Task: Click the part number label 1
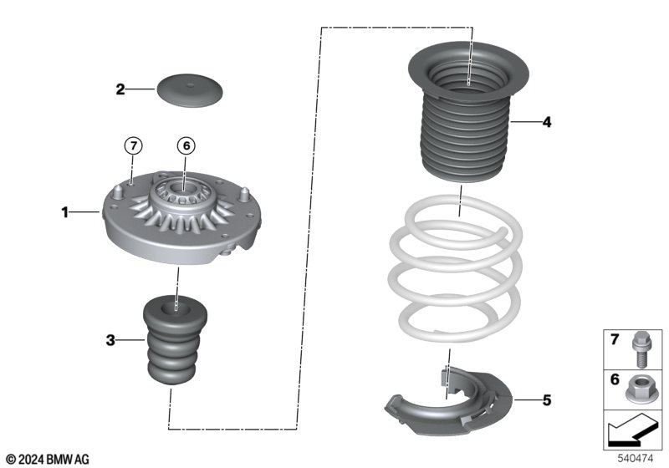[x=64, y=213]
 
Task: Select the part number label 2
[x=120, y=89]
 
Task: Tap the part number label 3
[x=110, y=339]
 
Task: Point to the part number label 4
[x=546, y=122]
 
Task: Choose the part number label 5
[x=546, y=400]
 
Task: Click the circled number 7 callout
[x=132, y=145]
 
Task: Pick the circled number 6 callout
[x=186, y=145]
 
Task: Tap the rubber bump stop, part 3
[x=175, y=343]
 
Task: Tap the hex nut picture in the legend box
[x=640, y=385]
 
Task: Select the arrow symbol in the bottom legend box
[x=631, y=432]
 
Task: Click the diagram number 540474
[x=636, y=458]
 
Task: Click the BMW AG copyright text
[x=47, y=458]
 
